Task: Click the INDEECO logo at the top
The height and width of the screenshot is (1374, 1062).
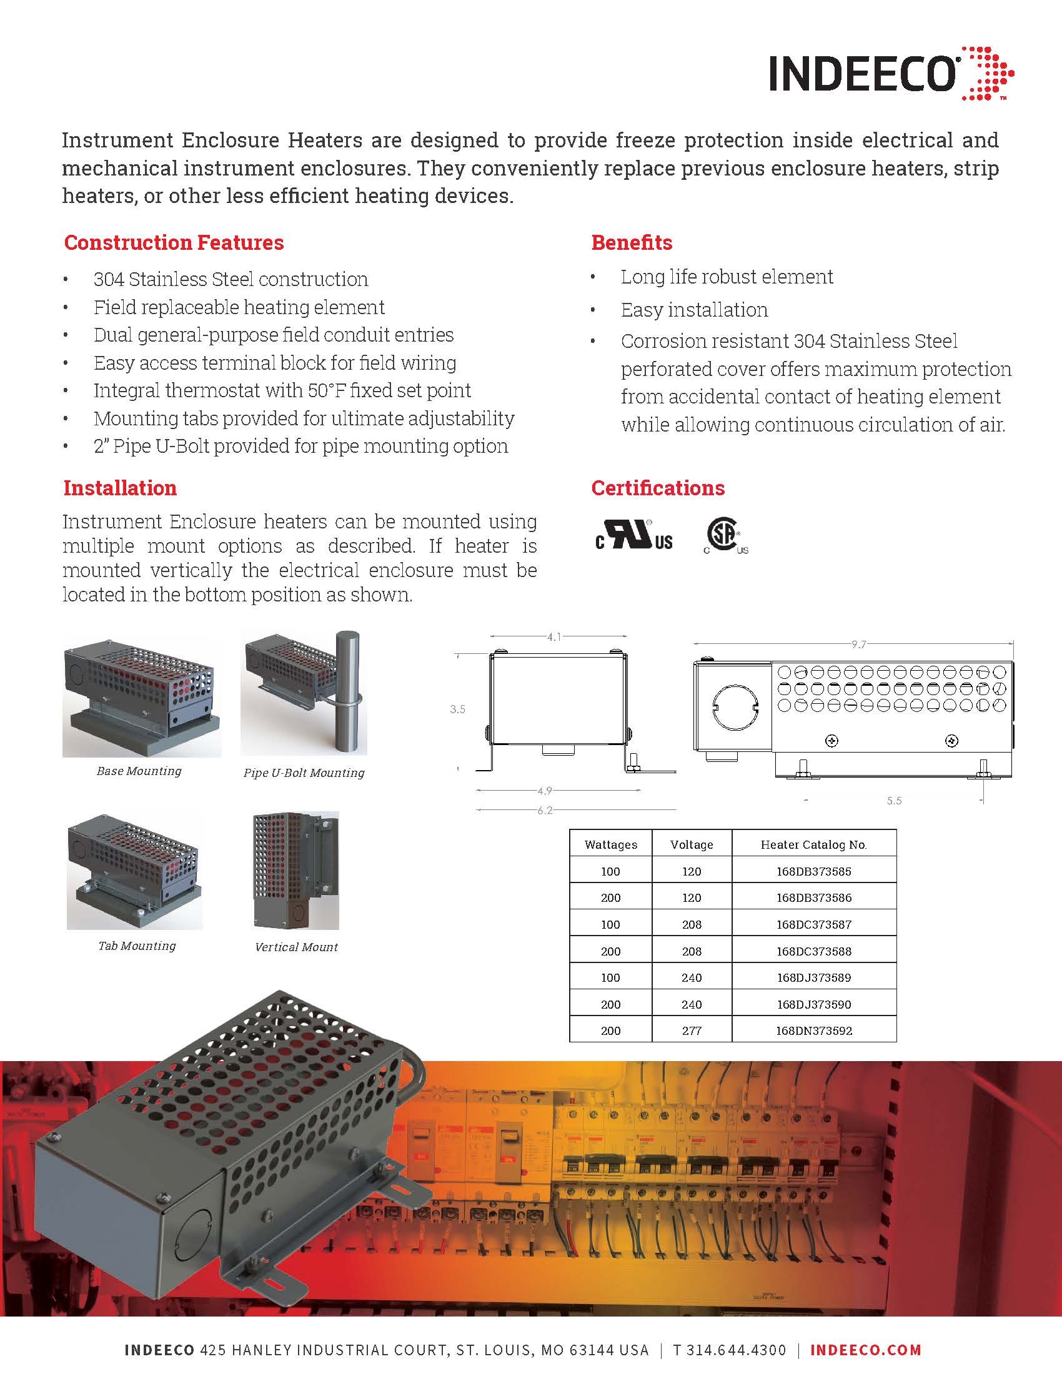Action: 890,74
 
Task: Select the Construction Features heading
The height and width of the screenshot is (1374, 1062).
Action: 174,243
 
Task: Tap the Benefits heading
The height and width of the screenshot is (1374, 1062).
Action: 632,243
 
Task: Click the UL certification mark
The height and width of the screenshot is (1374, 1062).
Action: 633,535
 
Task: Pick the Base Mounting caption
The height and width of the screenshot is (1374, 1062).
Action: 139,771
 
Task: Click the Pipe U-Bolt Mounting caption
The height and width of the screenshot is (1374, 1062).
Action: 304,773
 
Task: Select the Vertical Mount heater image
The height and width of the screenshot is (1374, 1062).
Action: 295,871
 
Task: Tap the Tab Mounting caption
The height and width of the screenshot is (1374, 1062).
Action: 137,946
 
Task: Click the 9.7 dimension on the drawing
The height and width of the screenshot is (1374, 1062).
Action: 859,645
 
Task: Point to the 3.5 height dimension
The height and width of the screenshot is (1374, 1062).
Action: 457,709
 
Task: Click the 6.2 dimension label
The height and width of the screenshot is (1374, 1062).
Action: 545,810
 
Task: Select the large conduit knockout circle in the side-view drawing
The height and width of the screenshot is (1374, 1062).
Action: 735,704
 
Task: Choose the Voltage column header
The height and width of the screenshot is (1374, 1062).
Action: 692,845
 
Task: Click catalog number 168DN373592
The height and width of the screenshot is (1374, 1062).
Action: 813,1030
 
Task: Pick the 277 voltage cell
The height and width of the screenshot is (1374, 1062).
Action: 692,1030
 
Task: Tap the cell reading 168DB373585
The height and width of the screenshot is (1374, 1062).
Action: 813,871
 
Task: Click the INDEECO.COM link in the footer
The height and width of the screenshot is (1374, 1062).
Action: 866,1350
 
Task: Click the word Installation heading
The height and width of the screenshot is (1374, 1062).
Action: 120,488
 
